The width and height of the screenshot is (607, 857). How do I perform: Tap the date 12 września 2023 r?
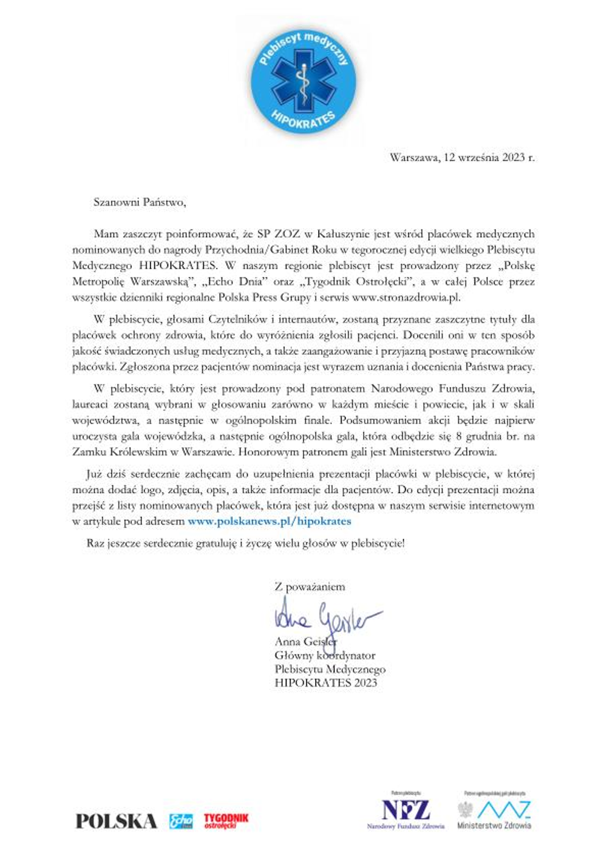pyautogui.click(x=489, y=158)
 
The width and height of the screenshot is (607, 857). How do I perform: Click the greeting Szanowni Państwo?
pyautogui.click(x=139, y=202)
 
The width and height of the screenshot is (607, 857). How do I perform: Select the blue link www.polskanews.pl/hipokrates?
pyautogui.click(x=269, y=521)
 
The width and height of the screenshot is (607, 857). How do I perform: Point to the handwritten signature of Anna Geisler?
pyautogui.click(x=325, y=616)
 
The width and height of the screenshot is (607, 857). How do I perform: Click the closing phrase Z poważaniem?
pyautogui.click(x=310, y=586)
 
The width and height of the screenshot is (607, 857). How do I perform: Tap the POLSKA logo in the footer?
pyautogui.click(x=116, y=821)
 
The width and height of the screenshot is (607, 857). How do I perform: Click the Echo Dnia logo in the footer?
pyautogui.click(x=180, y=821)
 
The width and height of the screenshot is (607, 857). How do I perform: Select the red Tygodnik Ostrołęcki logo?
pyautogui.click(x=226, y=821)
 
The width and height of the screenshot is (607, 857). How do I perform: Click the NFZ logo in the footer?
pyautogui.click(x=405, y=810)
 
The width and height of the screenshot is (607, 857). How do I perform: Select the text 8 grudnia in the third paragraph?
pyautogui.click(x=478, y=436)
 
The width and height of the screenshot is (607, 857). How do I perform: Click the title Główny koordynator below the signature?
pyautogui.click(x=325, y=656)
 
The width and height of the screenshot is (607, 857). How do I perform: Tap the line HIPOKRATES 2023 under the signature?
pyautogui.click(x=325, y=683)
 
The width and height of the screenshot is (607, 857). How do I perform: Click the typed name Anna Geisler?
pyautogui.click(x=305, y=642)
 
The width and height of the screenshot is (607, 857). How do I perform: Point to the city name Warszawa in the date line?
pyautogui.click(x=414, y=158)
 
